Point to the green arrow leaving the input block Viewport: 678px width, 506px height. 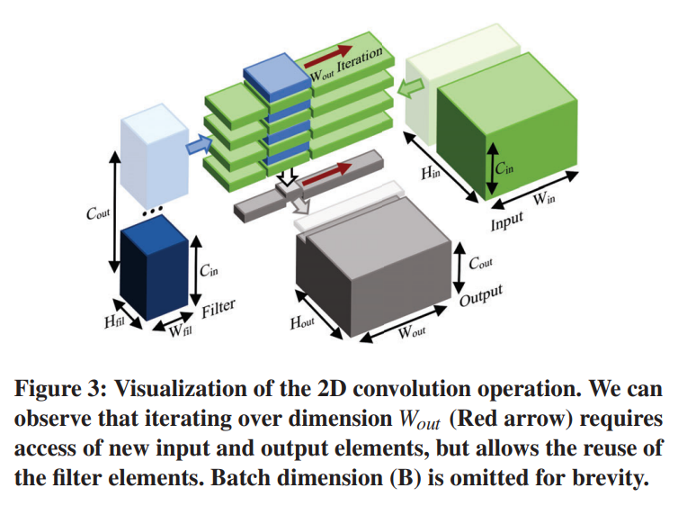(415, 86)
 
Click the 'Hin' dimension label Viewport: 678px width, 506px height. (431, 172)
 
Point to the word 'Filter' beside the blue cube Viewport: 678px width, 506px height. (219, 309)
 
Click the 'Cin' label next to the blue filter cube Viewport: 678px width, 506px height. (207, 268)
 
